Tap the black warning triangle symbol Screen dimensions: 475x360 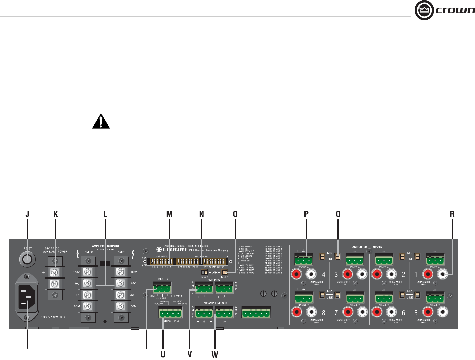point(101,122)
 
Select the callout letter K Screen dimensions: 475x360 point(56,214)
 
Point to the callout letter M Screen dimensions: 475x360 point(169,214)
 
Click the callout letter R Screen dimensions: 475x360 point(452,214)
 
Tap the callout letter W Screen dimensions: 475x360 point(215,355)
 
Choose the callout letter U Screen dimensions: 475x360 point(163,354)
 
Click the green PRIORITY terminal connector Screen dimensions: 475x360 point(162,288)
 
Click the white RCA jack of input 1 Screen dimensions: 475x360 point(443,274)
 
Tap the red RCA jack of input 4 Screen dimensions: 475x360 point(297,274)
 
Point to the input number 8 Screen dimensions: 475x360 point(323,313)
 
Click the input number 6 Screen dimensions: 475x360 point(403,313)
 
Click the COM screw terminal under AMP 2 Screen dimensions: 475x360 point(87,306)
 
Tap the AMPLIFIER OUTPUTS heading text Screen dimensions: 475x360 point(105,246)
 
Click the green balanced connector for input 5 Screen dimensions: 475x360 point(435,297)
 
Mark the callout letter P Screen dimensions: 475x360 point(306,214)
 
